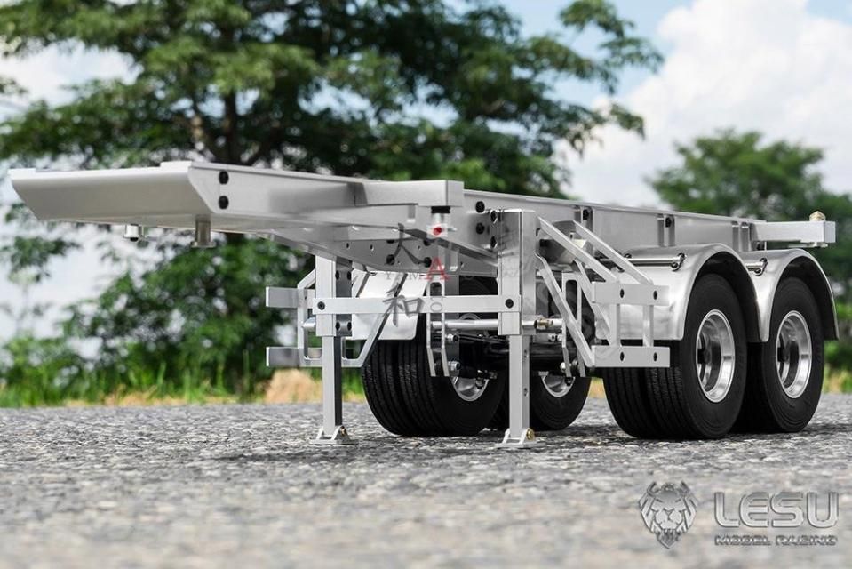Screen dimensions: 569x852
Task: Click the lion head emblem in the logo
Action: pos(668,513)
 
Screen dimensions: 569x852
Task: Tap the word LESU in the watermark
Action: pos(776,509)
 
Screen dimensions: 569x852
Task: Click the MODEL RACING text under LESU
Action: pos(776,540)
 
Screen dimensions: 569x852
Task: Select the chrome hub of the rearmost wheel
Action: pos(793,354)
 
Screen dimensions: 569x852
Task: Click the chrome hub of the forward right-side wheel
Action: pos(715,356)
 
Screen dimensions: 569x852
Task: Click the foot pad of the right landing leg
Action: pos(517,437)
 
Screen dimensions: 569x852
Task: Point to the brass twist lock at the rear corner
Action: pos(817,217)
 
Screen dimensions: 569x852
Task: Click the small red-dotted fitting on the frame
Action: pos(437,229)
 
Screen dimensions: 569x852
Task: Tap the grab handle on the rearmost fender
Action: pos(756,265)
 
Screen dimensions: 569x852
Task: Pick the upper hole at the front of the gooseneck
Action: pos(223,178)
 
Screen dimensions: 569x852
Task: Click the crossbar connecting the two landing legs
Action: pos(418,305)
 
